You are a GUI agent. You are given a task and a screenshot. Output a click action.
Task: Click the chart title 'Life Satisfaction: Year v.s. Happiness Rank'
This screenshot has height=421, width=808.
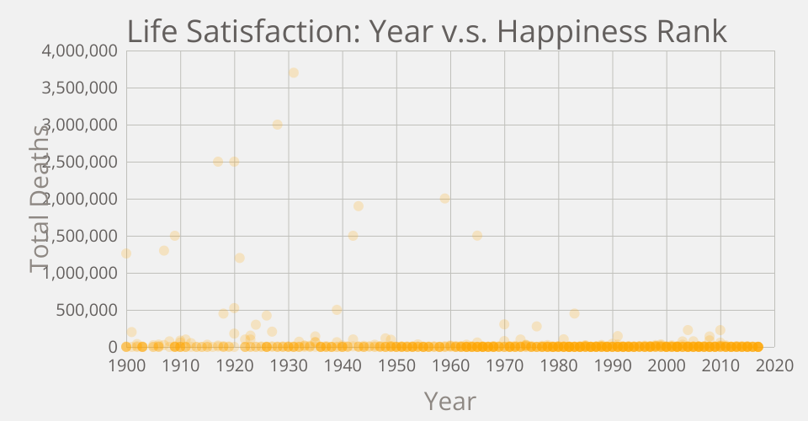(x=427, y=31)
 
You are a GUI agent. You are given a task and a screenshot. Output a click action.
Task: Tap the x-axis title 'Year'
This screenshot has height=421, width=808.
(x=450, y=401)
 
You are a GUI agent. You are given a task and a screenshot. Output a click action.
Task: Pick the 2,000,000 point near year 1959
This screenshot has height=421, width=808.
(x=445, y=199)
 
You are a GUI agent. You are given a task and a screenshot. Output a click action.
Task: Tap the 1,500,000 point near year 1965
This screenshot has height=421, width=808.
(x=477, y=236)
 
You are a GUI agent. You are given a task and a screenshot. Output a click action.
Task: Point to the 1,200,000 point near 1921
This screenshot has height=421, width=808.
(x=239, y=258)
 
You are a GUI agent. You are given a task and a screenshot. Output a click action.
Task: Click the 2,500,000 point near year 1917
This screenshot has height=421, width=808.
(x=218, y=162)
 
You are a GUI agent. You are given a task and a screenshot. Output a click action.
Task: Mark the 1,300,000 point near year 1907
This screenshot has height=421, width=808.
(x=164, y=251)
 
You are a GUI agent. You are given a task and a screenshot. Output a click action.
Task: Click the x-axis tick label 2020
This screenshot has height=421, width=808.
(x=774, y=365)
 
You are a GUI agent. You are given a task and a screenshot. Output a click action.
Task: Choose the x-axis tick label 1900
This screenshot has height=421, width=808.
(x=126, y=365)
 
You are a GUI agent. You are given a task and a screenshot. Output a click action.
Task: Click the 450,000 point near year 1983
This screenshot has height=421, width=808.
(x=575, y=314)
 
